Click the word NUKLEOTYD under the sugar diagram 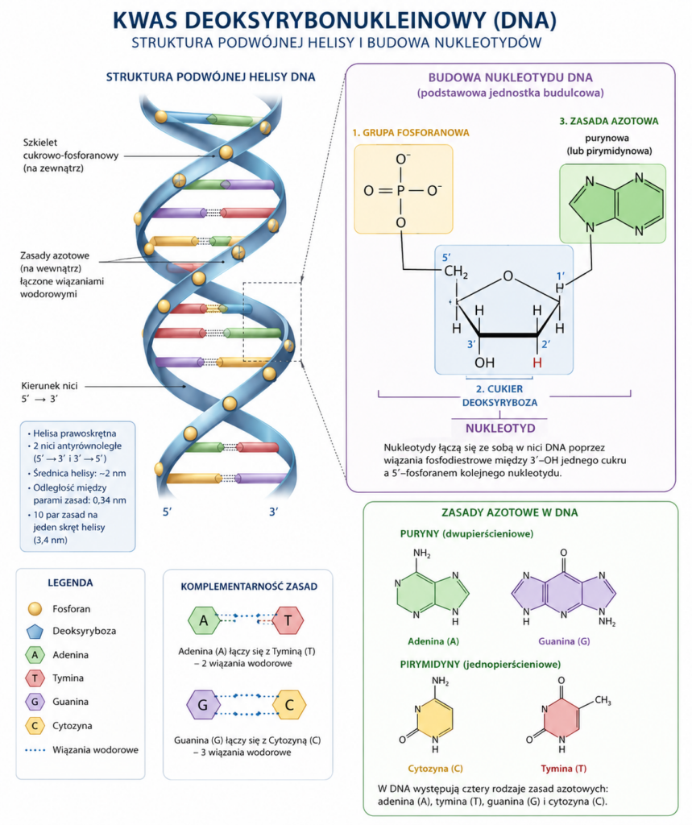pyautogui.click(x=500, y=428)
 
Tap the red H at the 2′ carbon pyautogui.click(x=537, y=363)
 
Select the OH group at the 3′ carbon pyautogui.click(x=484, y=363)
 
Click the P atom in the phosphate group pyautogui.click(x=401, y=190)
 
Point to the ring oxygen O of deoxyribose pyautogui.click(x=508, y=276)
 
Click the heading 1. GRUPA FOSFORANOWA pyautogui.click(x=411, y=133)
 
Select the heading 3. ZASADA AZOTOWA pyautogui.click(x=609, y=121)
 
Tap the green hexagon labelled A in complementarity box pyautogui.click(x=204, y=620)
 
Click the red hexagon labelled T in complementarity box pyautogui.click(x=288, y=620)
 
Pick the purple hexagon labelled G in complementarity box pyautogui.click(x=202, y=704)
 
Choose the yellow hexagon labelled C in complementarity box pyautogui.click(x=289, y=704)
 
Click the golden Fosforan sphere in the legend pyautogui.click(x=35, y=609)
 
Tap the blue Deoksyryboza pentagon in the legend pyautogui.click(x=35, y=632)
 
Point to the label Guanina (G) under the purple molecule pyautogui.click(x=564, y=641)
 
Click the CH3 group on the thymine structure pyautogui.click(x=603, y=700)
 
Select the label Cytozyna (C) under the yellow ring pyautogui.click(x=435, y=768)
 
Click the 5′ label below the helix pyautogui.click(x=168, y=512)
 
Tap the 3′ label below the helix pyautogui.click(x=274, y=512)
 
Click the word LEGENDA pyautogui.click(x=70, y=583)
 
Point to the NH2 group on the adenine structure pyautogui.click(x=422, y=553)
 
